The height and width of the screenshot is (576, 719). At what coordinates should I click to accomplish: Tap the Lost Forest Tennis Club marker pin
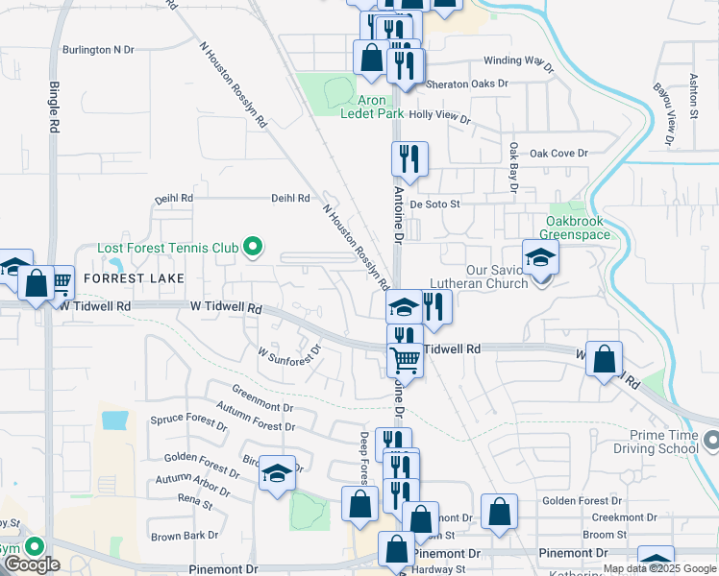[253, 248]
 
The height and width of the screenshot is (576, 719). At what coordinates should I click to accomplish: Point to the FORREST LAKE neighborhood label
[126, 277]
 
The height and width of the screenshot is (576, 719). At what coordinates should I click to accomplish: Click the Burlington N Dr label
[98, 49]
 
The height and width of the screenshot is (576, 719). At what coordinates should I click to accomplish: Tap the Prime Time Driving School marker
[711, 441]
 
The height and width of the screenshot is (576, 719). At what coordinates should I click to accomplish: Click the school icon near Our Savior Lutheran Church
[540, 256]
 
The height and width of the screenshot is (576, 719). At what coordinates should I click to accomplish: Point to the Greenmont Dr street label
[261, 394]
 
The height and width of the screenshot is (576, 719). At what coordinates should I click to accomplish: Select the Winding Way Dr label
[519, 63]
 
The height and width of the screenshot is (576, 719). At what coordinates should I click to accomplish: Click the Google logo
[32, 564]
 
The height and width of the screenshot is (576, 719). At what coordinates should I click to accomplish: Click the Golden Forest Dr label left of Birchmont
[201, 464]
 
